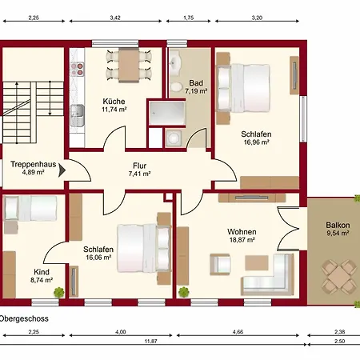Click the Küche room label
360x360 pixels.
(114, 102)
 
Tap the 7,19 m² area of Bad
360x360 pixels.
(196, 91)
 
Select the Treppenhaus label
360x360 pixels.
(34, 164)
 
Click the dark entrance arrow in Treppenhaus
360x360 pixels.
(62, 170)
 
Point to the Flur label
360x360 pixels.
(140, 166)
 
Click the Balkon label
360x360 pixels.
(338, 225)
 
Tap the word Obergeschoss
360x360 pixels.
(24, 318)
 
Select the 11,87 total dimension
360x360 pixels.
(150, 341)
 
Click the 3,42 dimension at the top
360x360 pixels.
(115, 18)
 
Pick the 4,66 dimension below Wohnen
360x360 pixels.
(238, 332)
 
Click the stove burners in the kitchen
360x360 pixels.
(77, 69)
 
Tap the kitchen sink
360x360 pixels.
(78, 115)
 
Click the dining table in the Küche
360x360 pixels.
(129, 65)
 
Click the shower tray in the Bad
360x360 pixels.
(167, 113)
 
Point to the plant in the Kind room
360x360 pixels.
(59, 292)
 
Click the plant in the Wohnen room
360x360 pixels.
(184, 292)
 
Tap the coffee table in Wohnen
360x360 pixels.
(257, 262)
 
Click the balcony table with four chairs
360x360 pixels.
(338, 277)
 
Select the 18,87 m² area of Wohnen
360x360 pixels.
(242, 240)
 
